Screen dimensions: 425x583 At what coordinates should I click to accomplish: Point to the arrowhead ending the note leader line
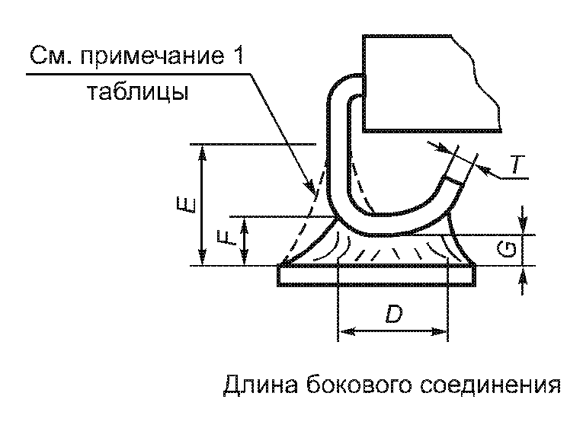pos(309,186)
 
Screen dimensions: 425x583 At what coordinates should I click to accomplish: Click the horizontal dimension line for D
pos(392,331)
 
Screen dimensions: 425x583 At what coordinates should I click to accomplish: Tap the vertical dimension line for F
pos(244,241)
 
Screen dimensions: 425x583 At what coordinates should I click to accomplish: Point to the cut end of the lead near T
pos(455,181)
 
